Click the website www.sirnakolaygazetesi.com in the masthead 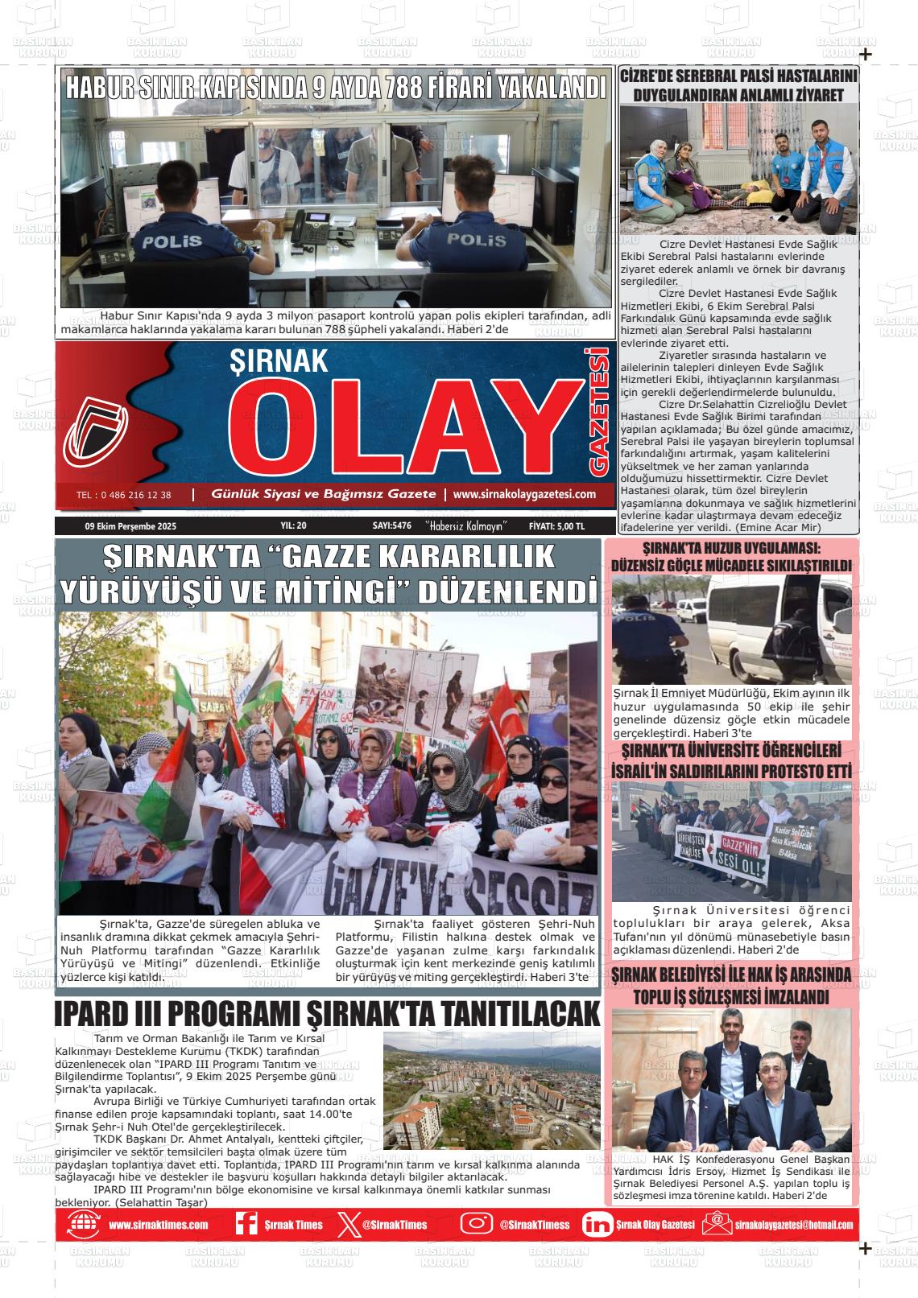tap(524, 495)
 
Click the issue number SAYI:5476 tap(392, 526)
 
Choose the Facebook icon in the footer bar tap(246, 1224)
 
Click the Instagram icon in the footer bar tap(477, 1224)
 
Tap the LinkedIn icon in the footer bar tap(597, 1224)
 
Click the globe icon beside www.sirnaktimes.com tap(83, 1224)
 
